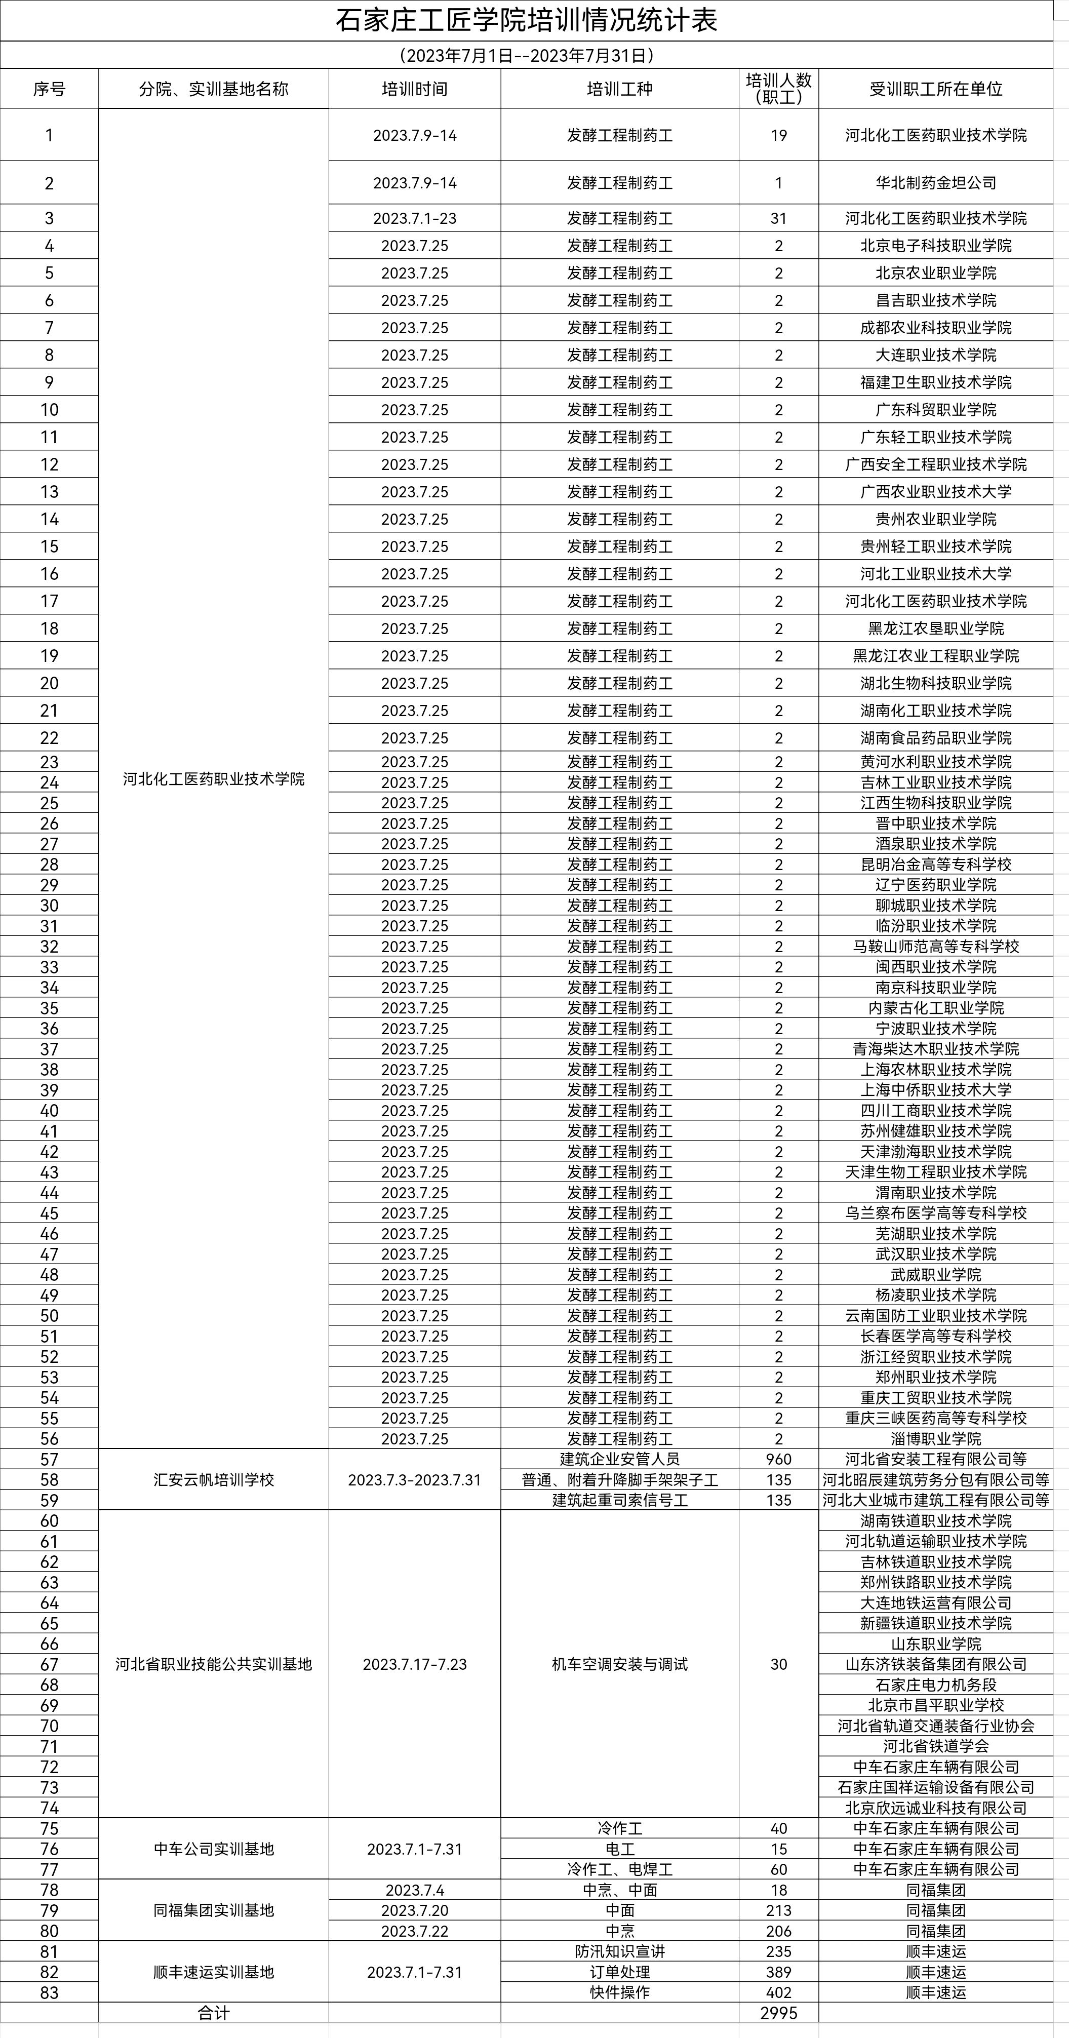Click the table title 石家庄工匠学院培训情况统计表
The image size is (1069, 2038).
click(526, 21)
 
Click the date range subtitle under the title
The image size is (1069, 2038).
click(526, 55)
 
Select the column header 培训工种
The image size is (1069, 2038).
click(619, 89)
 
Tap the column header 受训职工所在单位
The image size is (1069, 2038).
click(935, 89)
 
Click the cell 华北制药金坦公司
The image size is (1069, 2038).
click(935, 183)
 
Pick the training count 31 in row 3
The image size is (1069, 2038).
click(779, 218)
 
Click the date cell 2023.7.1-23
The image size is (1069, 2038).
click(415, 218)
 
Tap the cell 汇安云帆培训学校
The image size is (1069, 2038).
click(214, 1479)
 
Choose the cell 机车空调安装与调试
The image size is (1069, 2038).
click(619, 1664)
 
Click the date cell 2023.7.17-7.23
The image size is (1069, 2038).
click(415, 1664)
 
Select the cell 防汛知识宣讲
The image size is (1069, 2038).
click(619, 1951)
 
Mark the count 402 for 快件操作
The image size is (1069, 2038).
click(779, 1992)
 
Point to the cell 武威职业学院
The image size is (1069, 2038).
click(935, 1275)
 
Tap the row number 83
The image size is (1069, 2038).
click(49, 1992)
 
